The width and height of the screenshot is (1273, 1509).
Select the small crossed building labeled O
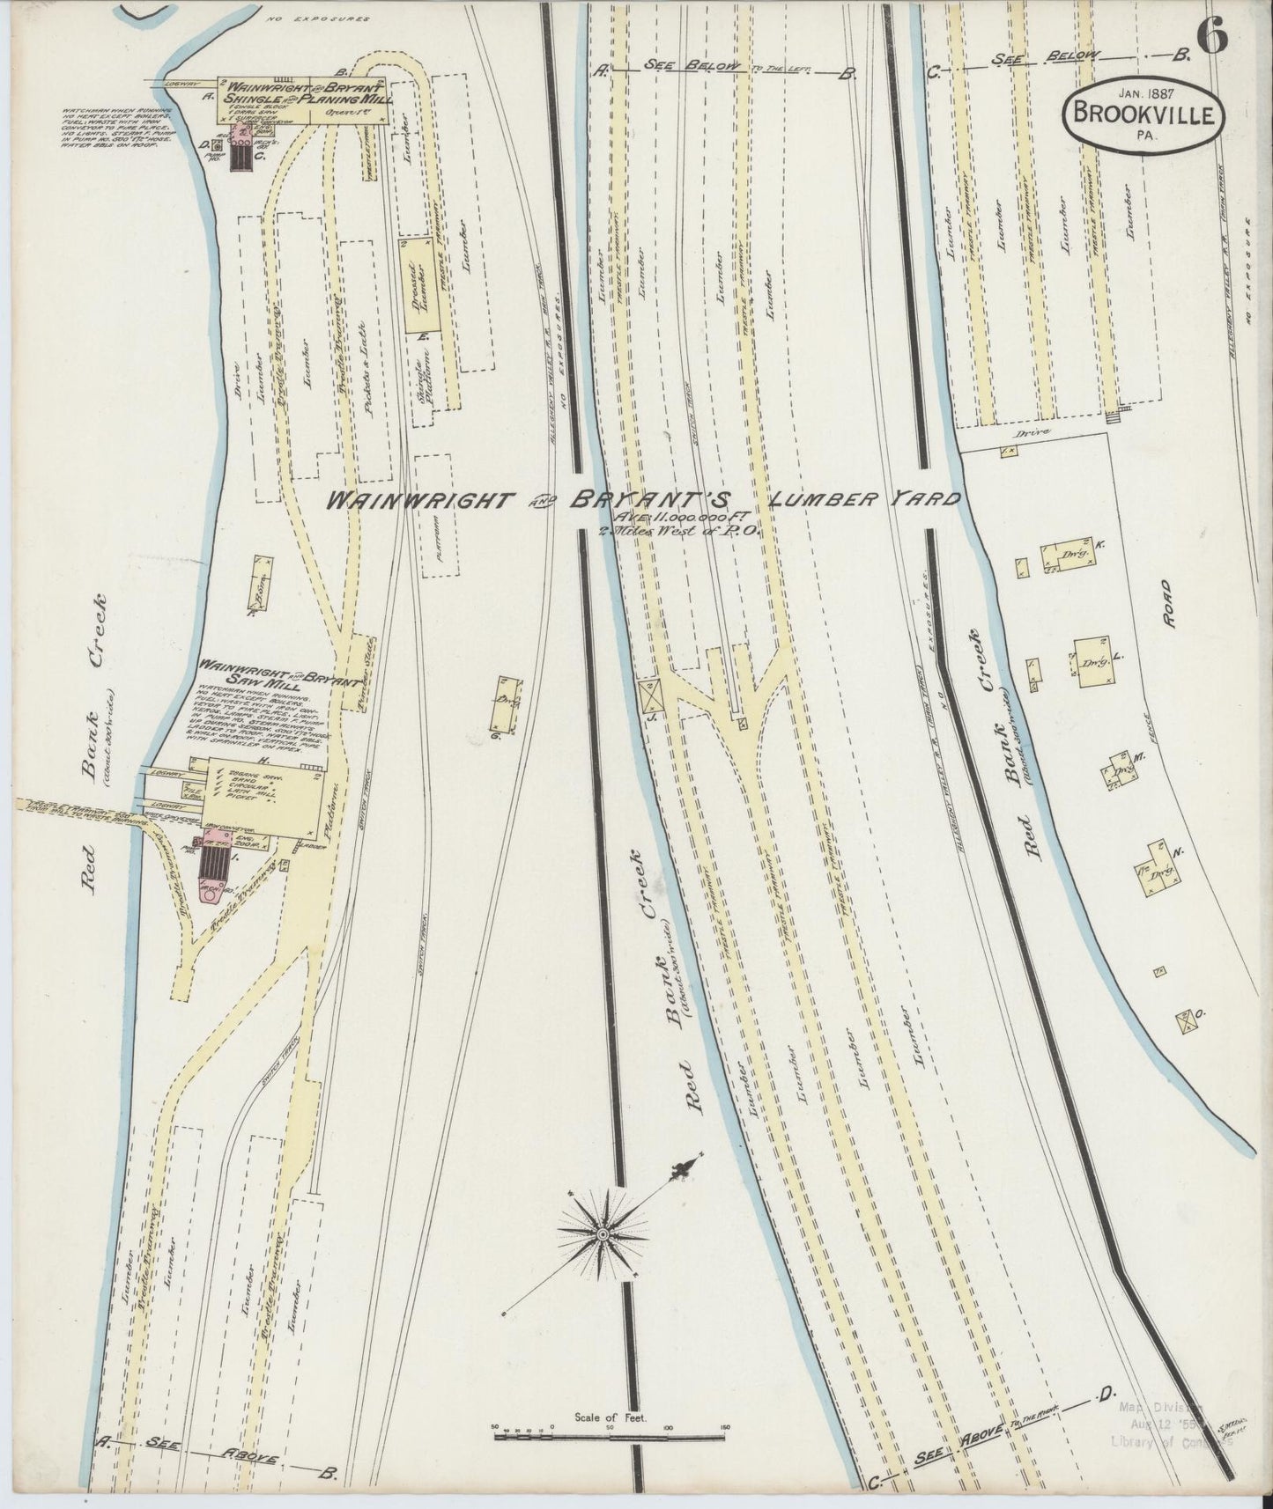tap(1186, 1020)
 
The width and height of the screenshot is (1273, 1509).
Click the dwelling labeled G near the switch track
tap(507, 703)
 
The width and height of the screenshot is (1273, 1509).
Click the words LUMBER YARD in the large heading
tap(864, 500)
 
